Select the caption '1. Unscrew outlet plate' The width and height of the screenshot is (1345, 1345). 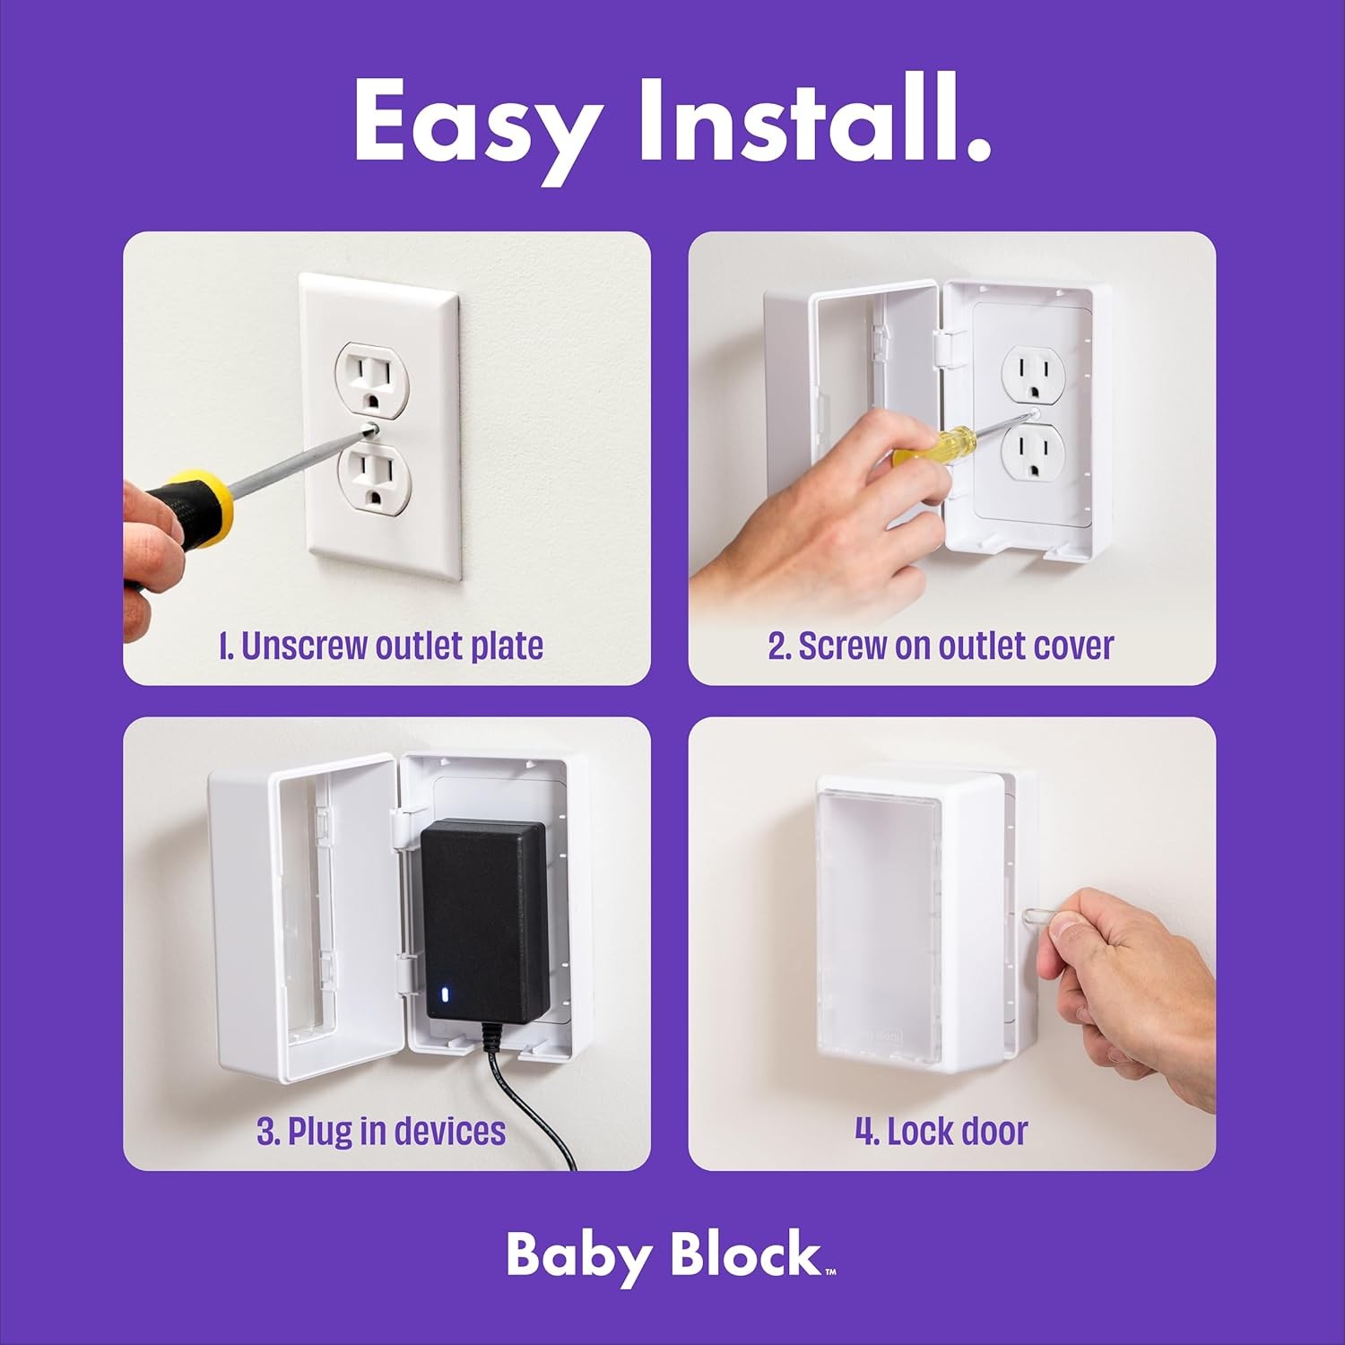click(381, 646)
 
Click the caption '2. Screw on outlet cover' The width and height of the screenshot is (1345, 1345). click(940, 646)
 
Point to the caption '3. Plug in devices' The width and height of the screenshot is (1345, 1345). click(381, 1131)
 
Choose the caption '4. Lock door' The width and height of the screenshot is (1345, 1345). click(940, 1131)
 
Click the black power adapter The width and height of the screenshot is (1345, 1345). click(485, 919)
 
